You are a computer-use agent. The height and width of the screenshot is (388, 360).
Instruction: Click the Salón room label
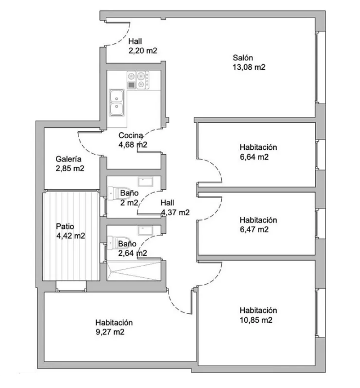tap(243, 58)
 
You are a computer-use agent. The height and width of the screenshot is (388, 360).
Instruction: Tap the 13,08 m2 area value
tap(249, 68)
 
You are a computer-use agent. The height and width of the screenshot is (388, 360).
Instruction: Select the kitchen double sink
tap(116, 103)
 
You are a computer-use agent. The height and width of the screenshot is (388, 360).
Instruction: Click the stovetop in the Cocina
tap(138, 80)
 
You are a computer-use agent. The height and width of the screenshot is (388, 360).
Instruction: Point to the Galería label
tap(69, 159)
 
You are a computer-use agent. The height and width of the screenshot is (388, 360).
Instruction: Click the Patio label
tap(65, 226)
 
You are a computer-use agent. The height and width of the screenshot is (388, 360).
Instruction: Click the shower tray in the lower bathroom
tap(134, 271)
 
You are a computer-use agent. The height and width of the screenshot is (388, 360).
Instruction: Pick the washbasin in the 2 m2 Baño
tap(145, 182)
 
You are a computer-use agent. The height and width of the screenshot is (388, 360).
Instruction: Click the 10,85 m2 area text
tap(256, 320)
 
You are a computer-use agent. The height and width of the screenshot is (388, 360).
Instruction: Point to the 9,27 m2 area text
tap(110, 332)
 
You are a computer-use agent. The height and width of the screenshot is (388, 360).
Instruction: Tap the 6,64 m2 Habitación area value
tap(254, 157)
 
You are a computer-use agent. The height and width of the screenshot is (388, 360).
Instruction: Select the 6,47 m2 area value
tap(254, 229)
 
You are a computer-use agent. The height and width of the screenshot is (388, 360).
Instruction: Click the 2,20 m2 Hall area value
tap(143, 50)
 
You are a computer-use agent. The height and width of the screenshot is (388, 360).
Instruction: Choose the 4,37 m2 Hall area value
tap(175, 212)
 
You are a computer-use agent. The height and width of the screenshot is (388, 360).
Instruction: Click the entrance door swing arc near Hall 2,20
tap(123, 38)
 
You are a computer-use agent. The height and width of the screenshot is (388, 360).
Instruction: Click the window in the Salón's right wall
tap(320, 68)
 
